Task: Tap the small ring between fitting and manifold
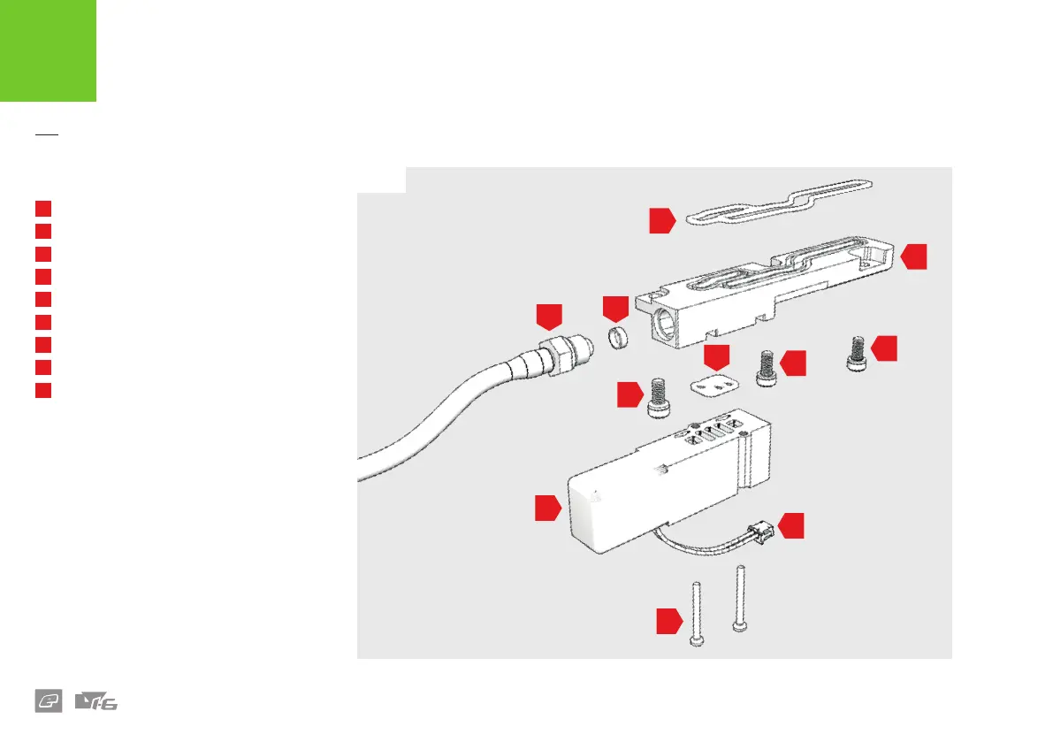(x=616, y=337)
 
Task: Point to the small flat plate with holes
(x=713, y=387)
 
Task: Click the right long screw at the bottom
(x=741, y=600)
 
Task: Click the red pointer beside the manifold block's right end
(x=914, y=256)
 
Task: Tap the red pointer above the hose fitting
(x=549, y=317)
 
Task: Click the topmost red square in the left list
(x=42, y=209)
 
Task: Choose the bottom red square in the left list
(x=42, y=390)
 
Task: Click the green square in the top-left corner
(x=48, y=50)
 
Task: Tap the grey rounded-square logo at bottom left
(x=48, y=702)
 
